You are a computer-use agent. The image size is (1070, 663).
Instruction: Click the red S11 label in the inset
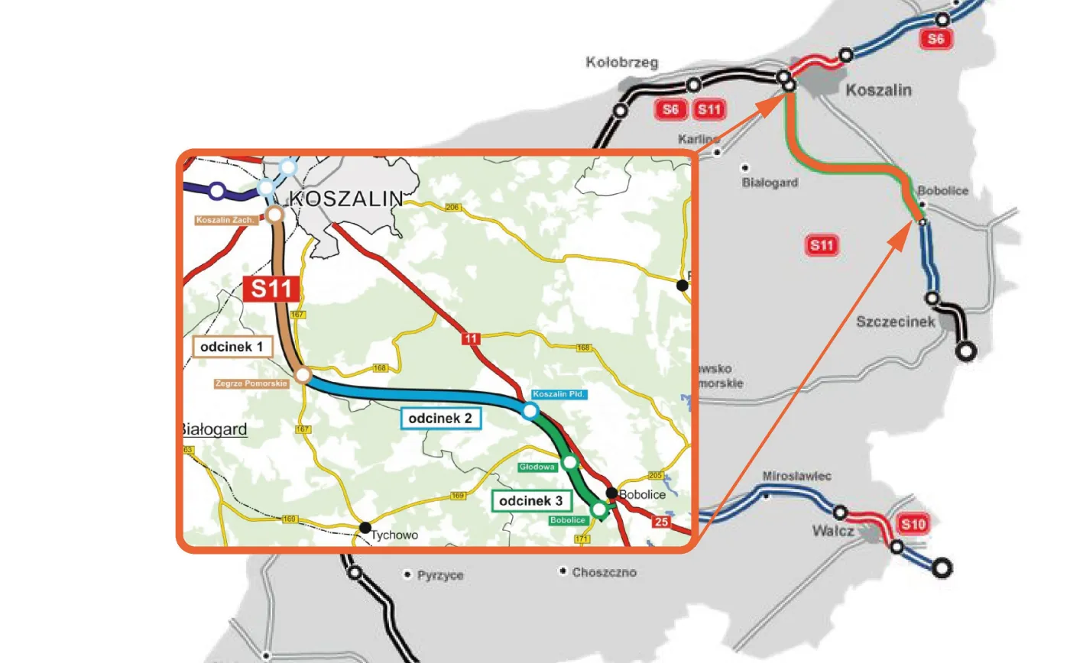pyautogui.click(x=271, y=289)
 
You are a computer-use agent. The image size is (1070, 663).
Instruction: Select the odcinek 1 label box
pyautogui.click(x=232, y=347)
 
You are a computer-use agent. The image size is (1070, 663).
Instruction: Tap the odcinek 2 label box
pyautogui.click(x=440, y=418)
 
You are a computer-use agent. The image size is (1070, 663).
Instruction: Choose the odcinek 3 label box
pyautogui.click(x=531, y=502)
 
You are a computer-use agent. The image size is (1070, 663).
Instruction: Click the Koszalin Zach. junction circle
pyautogui.click(x=274, y=215)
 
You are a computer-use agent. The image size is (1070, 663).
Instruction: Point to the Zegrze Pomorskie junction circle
pyautogui.click(x=303, y=375)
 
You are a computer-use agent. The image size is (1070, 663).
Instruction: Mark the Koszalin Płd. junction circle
pyautogui.click(x=530, y=411)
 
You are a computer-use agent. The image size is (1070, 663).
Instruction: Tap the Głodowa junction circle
pyautogui.click(x=569, y=462)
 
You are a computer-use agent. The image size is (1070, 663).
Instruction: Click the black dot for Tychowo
pyautogui.click(x=365, y=527)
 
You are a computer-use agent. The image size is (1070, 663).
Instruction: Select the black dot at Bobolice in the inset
pyautogui.click(x=611, y=492)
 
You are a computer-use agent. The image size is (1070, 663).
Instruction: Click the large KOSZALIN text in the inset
pyautogui.click(x=346, y=199)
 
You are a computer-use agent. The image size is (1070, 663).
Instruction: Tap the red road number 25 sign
pyautogui.click(x=661, y=521)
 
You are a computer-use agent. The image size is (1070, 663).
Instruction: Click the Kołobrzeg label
pyautogui.click(x=621, y=63)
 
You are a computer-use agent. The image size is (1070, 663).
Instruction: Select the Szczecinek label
pyautogui.click(x=895, y=322)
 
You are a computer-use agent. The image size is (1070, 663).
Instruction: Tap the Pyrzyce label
pyautogui.click(x=441, y=575)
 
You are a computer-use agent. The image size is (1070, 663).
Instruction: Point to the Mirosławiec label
pyautogui.click(x=796, y=476)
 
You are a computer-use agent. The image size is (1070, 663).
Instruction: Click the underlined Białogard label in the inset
pyautogui.click(x=215, y=430)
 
